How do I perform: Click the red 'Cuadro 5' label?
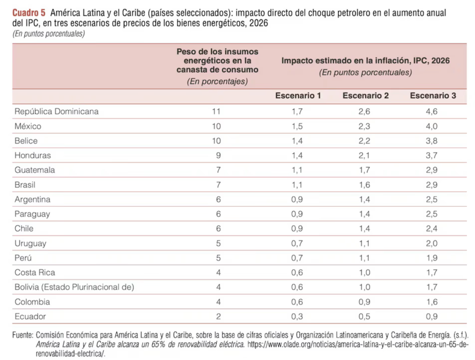pos(29,13)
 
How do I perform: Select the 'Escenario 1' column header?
pos(298,96)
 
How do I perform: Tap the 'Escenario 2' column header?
pos(365,96)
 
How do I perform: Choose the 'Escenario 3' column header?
pos(433,96)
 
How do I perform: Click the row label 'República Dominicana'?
pos(57,111)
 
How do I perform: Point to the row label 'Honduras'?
pos(33,155)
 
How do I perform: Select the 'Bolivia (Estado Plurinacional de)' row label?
pos(74,287)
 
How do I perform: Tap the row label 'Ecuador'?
pos(30,316)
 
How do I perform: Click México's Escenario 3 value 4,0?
pos(431,126)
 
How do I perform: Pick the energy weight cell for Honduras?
pos(218,155)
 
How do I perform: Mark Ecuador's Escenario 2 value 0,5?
pos(364,316)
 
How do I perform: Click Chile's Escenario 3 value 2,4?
pos(431,229)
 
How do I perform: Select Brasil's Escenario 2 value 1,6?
pos(364,185)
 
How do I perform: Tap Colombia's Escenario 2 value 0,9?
pos(364,302)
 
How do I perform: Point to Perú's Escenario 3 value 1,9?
pos(431,258)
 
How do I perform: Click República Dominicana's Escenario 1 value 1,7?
pos(297,111)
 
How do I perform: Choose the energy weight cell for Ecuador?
pos(218,316)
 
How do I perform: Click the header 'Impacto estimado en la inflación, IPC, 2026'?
pos(365,61)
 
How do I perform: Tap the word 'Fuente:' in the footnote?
pos(23,335)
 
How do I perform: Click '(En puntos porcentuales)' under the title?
pos(48,34)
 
